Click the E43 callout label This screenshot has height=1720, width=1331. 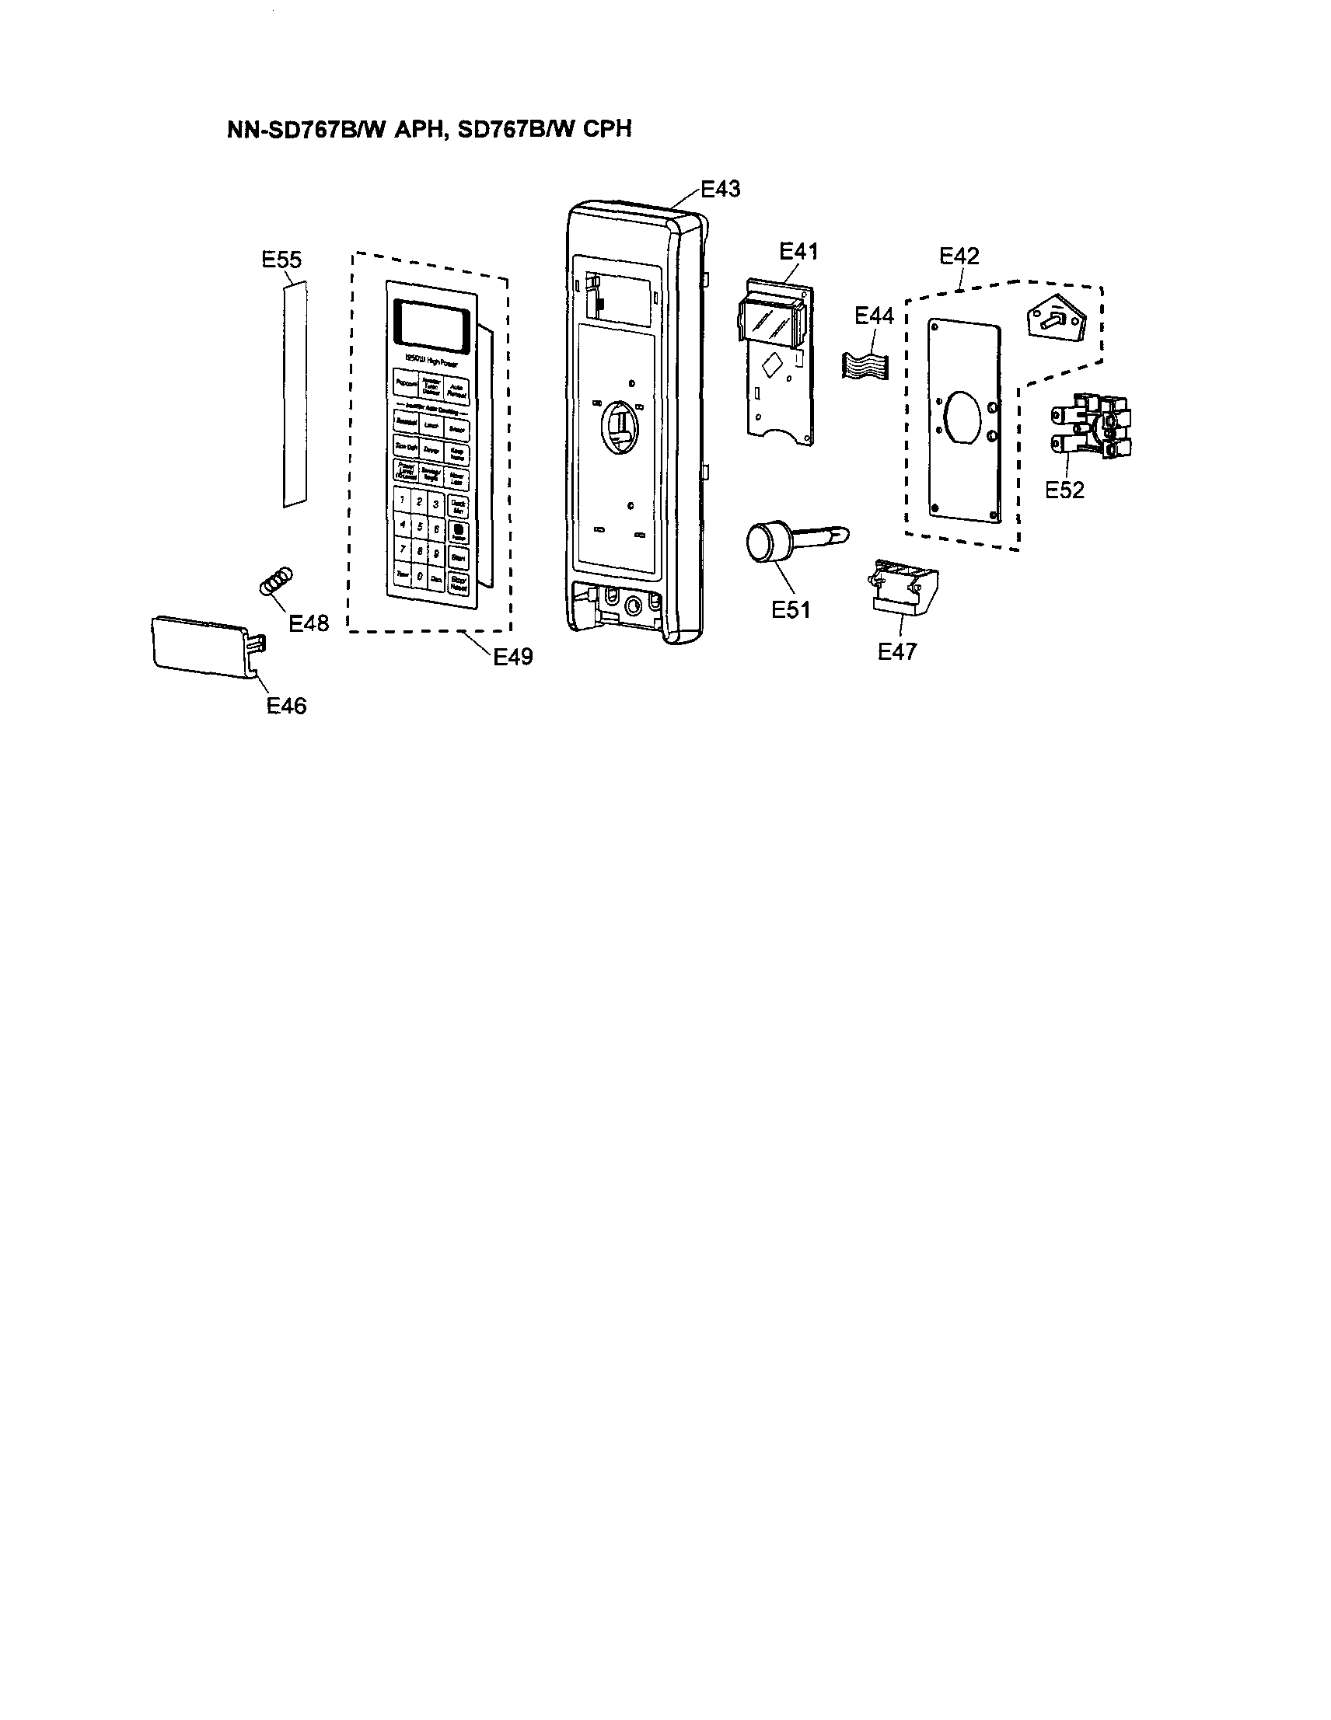point(720,189)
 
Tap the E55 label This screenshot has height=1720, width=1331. point(281,260)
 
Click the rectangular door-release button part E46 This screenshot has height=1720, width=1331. point(202,642)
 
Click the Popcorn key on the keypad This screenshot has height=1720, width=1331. point(407,383)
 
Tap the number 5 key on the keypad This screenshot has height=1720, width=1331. point(419,526)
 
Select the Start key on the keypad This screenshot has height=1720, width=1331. point(459,556)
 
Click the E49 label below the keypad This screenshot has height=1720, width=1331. point(512,656)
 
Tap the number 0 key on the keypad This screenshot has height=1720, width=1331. point(419,577)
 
